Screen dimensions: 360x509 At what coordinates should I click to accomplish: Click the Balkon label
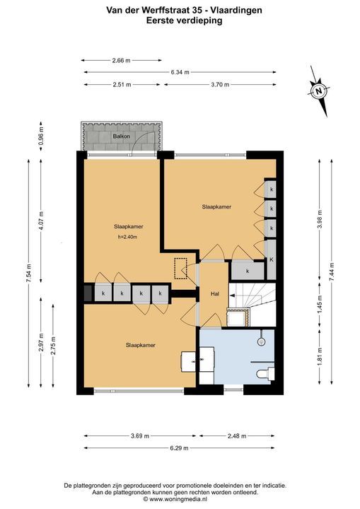[121, 136]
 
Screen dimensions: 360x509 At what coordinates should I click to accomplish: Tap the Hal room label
[215, 294]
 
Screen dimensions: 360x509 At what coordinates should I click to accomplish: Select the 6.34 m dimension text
[180, 72]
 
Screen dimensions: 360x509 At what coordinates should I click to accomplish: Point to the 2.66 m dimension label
[121, 60]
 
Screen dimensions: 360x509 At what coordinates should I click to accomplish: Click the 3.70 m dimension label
[220, 84]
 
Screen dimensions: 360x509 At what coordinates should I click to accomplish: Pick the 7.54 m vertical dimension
[28, 273]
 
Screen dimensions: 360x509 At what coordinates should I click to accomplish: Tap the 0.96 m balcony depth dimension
[41, 136]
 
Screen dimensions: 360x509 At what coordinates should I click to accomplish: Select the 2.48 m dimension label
[237, 435]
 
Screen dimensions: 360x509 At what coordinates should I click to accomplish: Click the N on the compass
[319, 91]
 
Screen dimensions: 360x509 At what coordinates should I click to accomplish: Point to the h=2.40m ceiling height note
[127, 237]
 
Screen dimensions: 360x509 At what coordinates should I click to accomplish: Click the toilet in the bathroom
[265, 374]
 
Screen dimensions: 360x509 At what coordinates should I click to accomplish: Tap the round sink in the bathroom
[261, 341]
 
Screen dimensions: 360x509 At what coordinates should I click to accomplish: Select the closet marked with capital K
[272, 259]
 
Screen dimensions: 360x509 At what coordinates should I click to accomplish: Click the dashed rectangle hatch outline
[180, 269]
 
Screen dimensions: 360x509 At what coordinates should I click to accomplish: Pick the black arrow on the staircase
[232, 295]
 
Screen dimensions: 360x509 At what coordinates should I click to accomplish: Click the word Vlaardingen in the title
[236, 11]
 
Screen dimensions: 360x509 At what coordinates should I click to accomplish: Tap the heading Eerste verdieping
[184, 21]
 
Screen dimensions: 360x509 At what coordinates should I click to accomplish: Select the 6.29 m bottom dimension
[179, 448]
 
